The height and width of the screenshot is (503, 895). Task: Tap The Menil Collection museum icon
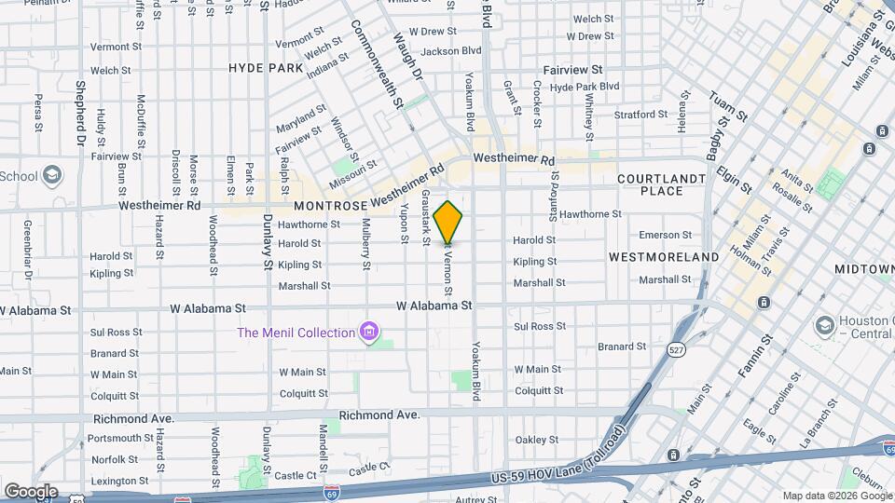point(370,332)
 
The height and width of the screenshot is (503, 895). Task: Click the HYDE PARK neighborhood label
point(266,68)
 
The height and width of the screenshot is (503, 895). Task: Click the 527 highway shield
point(676,348)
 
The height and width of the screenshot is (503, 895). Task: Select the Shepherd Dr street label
point(81,112)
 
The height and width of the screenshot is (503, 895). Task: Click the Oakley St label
point(536,440)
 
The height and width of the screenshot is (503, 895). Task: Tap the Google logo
point(31,492)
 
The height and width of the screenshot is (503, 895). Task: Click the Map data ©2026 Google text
point(835,496)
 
